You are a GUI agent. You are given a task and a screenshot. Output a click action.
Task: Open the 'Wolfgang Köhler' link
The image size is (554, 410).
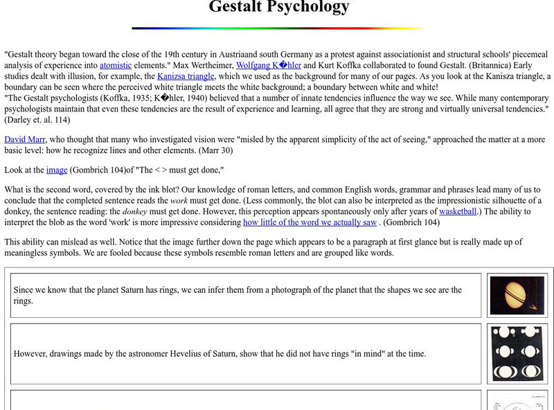click(269, 65)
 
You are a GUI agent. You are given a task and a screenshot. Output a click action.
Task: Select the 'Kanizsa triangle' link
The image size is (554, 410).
click(186, 76)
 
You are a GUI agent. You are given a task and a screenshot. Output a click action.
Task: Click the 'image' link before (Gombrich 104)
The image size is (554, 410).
click(56, 170)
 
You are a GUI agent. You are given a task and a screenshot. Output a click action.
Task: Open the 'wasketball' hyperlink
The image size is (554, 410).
click(458, 211)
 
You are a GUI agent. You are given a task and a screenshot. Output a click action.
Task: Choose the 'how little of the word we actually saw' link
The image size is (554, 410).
click(310, 222)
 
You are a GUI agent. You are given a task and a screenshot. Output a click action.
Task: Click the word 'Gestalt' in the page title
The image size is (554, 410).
click(238, 8)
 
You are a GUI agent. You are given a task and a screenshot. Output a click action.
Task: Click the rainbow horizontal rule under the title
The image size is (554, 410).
click(278, 28)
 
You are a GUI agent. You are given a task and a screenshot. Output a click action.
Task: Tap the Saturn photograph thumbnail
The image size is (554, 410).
click(517, 296)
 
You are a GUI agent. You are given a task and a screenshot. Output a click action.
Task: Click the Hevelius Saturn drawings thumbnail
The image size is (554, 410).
click(517, 353)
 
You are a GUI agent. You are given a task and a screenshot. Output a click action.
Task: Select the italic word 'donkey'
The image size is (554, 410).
click(134, 211)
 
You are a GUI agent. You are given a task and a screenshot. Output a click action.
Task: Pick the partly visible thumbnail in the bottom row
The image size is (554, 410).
click(517, 402)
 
